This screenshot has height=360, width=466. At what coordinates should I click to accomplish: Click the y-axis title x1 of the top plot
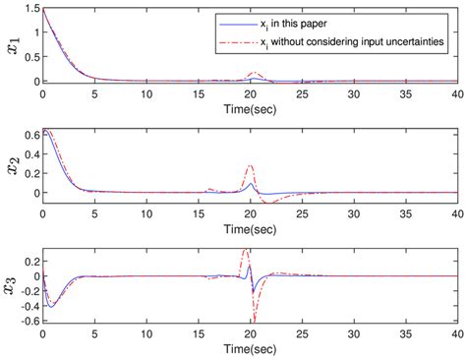(x=12, y=46)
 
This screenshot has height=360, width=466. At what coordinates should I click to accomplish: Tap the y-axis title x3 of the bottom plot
(x=12, y=286)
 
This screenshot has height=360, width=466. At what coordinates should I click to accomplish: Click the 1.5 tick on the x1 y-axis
(x=30, y=9)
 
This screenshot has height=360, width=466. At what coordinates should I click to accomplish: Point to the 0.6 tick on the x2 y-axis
(x=30, y=134)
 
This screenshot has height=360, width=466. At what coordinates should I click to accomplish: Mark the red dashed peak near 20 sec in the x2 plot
(x=250, y=166)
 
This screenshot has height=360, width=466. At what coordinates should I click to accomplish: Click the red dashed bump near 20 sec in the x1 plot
(x=255, y=73)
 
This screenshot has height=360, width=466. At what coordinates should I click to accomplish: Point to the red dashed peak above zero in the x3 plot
(x=245, y=251)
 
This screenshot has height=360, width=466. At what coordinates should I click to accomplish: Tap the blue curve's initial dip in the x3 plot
(x=51, y=306)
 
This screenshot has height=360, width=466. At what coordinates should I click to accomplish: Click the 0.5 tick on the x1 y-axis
(x=30, y=57)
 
